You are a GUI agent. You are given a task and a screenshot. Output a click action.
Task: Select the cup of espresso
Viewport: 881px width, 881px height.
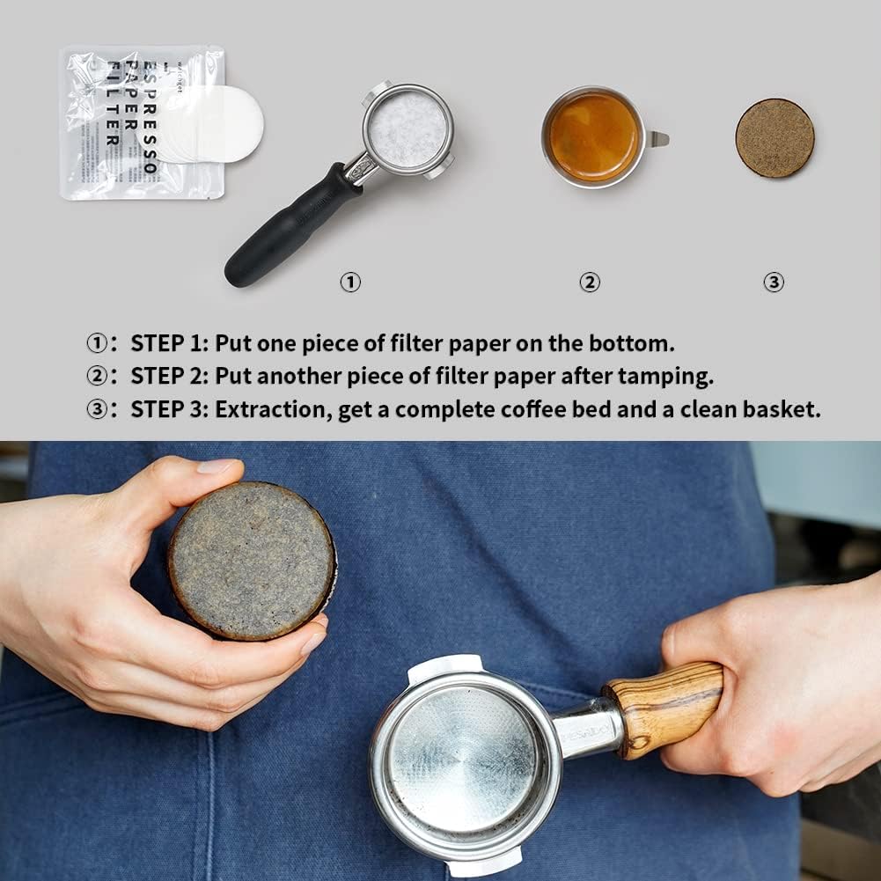click(x=593, y=137)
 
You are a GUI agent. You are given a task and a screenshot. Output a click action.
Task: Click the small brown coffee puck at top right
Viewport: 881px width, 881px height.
click(x=775, y=138)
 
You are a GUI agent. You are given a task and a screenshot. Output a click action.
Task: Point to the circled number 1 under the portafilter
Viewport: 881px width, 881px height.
click(x=350, y=283)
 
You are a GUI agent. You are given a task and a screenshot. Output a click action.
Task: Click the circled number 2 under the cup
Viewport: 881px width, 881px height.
click(x=589, y=283)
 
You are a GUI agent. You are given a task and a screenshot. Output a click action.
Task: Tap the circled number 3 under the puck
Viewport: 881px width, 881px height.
click(x=773, y=283)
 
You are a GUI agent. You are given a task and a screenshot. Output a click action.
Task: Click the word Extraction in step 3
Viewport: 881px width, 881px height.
click(x=274, y=410)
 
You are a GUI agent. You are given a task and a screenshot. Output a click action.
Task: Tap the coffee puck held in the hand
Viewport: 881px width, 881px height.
click(x=252, y=560)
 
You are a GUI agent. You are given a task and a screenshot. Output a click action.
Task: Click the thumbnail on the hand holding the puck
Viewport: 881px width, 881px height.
click(x=216, y=466)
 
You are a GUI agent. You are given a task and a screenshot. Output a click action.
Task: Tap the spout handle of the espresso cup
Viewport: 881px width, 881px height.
click(x=658, y=138)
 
